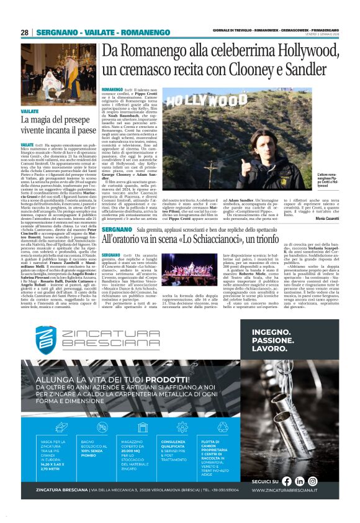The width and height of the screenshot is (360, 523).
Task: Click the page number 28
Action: [24, 32]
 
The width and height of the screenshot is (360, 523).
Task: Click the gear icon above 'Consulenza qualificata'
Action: [182, 427]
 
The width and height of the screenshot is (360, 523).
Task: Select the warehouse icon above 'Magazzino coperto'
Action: [141, 427]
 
